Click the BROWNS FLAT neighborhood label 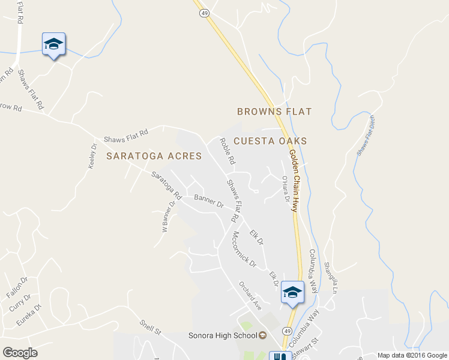(275, 112)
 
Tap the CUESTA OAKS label (270, 141)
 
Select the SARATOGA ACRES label (149, 156)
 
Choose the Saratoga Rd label (166, 185)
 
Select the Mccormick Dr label (244, 249)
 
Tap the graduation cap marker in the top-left (53, 44)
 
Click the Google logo (20, 353)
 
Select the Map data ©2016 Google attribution (412, 355)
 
